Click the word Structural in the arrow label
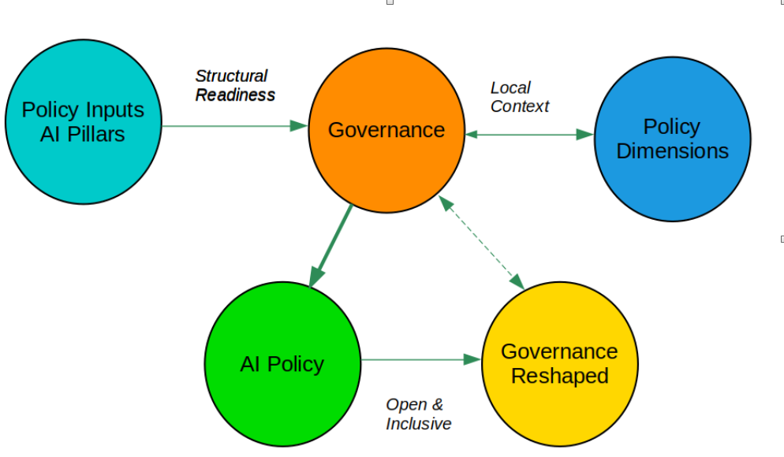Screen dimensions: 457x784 (x=231, y=76)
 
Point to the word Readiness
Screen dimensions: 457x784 (x=235, y=95)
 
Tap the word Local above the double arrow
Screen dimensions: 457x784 (x=510, y=87)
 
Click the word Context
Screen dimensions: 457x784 (x=519, y=106)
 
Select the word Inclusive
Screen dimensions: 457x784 (x=418, y=424)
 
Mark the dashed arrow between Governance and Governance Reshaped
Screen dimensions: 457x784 (x=482, y=242)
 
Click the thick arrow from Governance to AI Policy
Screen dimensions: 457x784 (x=332, y=244)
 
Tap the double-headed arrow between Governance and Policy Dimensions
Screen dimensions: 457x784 (x=528, y=135)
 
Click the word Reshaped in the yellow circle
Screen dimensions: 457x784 (x=559, y=376)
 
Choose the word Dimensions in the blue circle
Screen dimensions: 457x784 (x=672, y=151)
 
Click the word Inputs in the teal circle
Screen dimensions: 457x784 (x=114, y=110)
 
